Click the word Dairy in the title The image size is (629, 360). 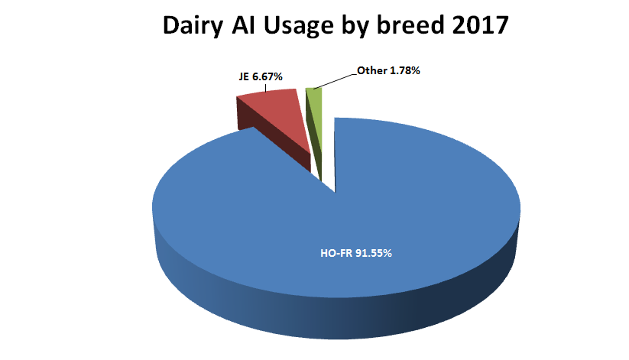point(192,26)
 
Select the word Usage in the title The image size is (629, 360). point(299,27)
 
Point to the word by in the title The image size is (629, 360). point(354,26)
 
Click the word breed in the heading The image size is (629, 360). point(410,25)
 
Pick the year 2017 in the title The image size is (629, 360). point(480,25)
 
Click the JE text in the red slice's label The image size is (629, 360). point(244,76)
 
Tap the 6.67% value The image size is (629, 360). point(267,76)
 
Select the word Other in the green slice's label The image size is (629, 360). point(372,70)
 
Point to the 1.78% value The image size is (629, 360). point(405,70)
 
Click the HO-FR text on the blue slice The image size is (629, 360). point(336,253)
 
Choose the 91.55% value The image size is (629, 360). point(373,253)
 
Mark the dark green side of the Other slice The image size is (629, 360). point(313,141)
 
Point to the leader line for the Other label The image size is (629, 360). point(335,82)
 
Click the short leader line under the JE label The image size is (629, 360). point(265,87)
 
